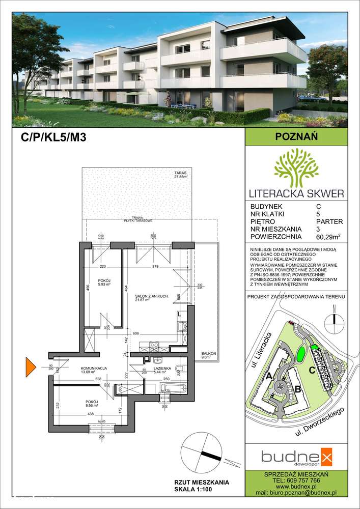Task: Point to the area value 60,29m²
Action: (x=329, y=237)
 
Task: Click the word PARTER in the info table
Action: (x=329, y=221)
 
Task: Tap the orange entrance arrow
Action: (x=31, y=365)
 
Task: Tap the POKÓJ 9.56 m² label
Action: (x=94, y=404)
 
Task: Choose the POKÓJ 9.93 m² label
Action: (x=104, y=282)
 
